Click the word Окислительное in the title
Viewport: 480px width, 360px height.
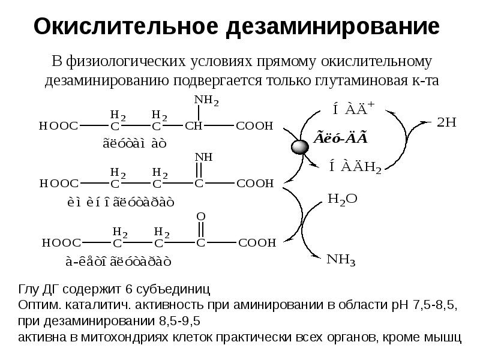pos(122,27)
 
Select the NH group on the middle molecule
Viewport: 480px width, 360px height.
pos(202,157)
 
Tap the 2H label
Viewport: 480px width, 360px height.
pos(447,122)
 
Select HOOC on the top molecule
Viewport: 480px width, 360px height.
pos(58,126)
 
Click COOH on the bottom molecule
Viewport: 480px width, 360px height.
pos(257,242)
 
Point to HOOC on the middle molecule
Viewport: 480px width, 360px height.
pos(58,183)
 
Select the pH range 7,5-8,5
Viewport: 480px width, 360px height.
pos(431,306)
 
